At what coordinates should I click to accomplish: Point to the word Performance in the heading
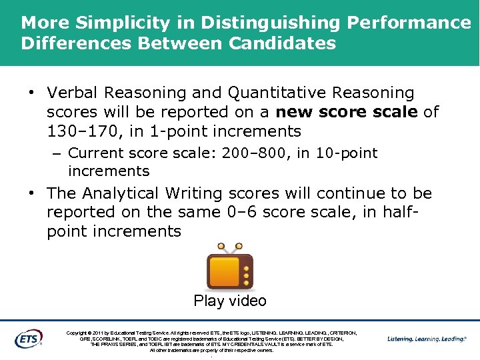pos(409,23)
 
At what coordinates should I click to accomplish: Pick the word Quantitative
pos(279,93)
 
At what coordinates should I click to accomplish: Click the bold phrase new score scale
pos(347,111)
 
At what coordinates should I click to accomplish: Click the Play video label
pos(230,301)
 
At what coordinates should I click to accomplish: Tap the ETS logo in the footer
pos(28,338)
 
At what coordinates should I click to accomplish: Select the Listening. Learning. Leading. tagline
pos(427,339)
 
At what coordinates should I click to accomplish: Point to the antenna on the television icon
pos(229,249)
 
